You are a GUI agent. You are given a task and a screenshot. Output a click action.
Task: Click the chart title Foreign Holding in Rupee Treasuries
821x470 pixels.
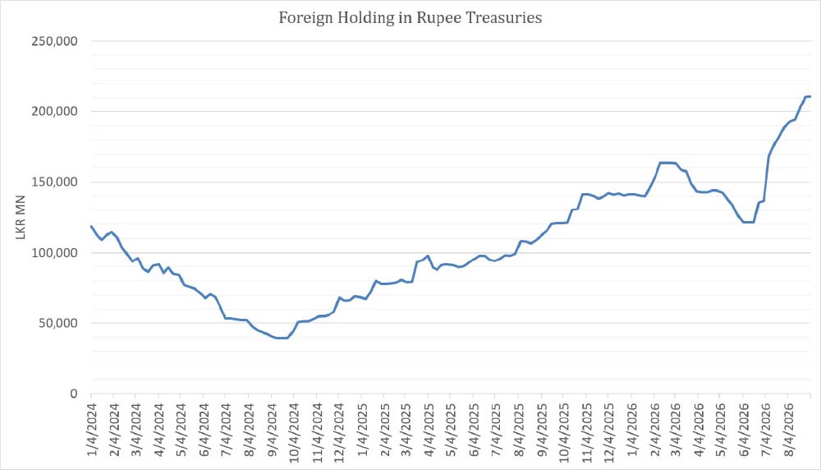(410, 18)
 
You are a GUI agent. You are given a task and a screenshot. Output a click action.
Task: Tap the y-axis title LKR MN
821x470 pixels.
(21, 218)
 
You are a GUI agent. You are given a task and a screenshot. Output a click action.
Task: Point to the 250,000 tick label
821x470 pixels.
(54, 41)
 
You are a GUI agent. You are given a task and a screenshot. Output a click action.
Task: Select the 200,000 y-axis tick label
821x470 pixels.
(54, 111)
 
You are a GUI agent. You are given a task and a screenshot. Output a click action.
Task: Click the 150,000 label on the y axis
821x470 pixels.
(54, 182)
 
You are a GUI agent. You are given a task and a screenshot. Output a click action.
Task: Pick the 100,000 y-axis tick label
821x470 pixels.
(54, 252)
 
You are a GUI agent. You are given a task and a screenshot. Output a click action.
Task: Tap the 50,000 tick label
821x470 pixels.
(57, 323)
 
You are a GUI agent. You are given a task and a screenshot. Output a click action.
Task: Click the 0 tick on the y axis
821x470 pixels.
(74, 394)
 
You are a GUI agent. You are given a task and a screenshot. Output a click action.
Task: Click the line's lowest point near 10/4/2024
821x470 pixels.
(282, 338)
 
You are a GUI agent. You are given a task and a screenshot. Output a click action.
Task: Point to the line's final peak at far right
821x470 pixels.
(809, 96)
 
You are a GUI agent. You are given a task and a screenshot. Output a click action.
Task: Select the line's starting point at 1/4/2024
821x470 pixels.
(92, 226)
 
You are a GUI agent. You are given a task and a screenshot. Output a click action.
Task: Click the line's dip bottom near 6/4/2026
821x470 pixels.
(748, 222)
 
